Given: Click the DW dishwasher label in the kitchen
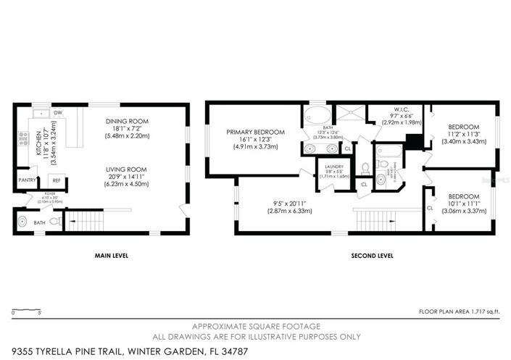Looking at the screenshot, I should pos(57,113).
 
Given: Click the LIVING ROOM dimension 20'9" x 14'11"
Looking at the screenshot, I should pos(126,177).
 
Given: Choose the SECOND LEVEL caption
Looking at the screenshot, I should pos(372,256).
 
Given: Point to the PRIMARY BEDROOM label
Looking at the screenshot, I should pos(255,132).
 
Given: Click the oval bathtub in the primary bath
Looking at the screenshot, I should pos(316,114).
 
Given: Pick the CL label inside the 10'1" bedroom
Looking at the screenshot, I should pos(430,208).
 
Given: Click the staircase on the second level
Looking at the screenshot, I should pos(374,219).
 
